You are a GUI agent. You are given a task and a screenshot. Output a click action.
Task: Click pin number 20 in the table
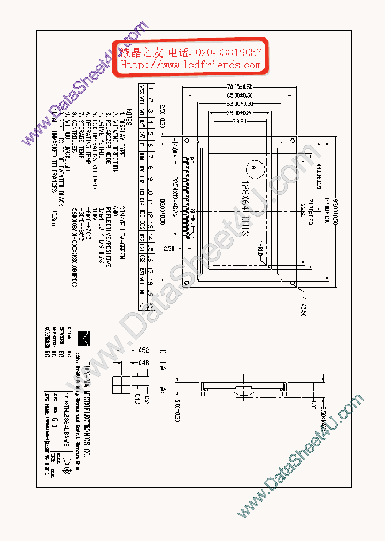click(151, 305)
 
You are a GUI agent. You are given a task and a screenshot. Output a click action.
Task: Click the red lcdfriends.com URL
click(191, 65)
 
